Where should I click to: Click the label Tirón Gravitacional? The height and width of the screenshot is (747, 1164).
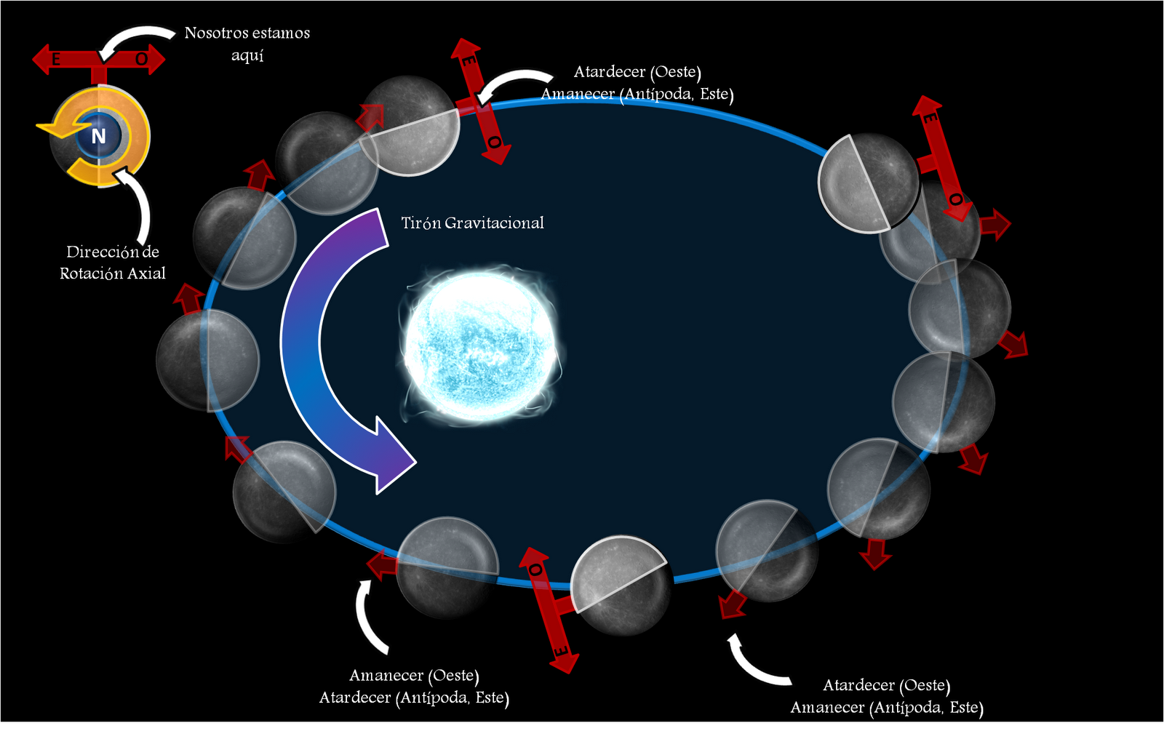click(x=472, y=223)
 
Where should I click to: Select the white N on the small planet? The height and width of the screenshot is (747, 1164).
click(x=98, y=136)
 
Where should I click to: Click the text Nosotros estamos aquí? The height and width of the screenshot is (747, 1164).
click(x=247, y=44)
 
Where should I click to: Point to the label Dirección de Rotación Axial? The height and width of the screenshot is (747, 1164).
click(x=113, y=263)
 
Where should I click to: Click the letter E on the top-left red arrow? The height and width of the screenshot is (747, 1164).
click(x=55, y=60)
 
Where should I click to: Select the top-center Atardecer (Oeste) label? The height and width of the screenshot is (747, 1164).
click(x=637, y=72)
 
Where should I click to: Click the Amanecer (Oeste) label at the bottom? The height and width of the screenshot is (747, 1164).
click(x=414, y=676)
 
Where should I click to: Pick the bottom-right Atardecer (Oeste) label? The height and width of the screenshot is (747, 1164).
click(x=886, y=685)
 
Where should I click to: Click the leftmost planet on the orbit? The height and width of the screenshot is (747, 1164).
click(x=207, y=361)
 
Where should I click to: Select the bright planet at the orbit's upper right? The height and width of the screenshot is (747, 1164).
click(x=869, y=183)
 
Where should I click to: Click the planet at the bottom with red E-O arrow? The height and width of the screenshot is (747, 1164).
click(x=621, y=586)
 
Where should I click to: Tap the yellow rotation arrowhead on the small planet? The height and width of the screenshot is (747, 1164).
click(x=51, y=129)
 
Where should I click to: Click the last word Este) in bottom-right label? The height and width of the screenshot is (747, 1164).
click(x=966, y=708)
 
